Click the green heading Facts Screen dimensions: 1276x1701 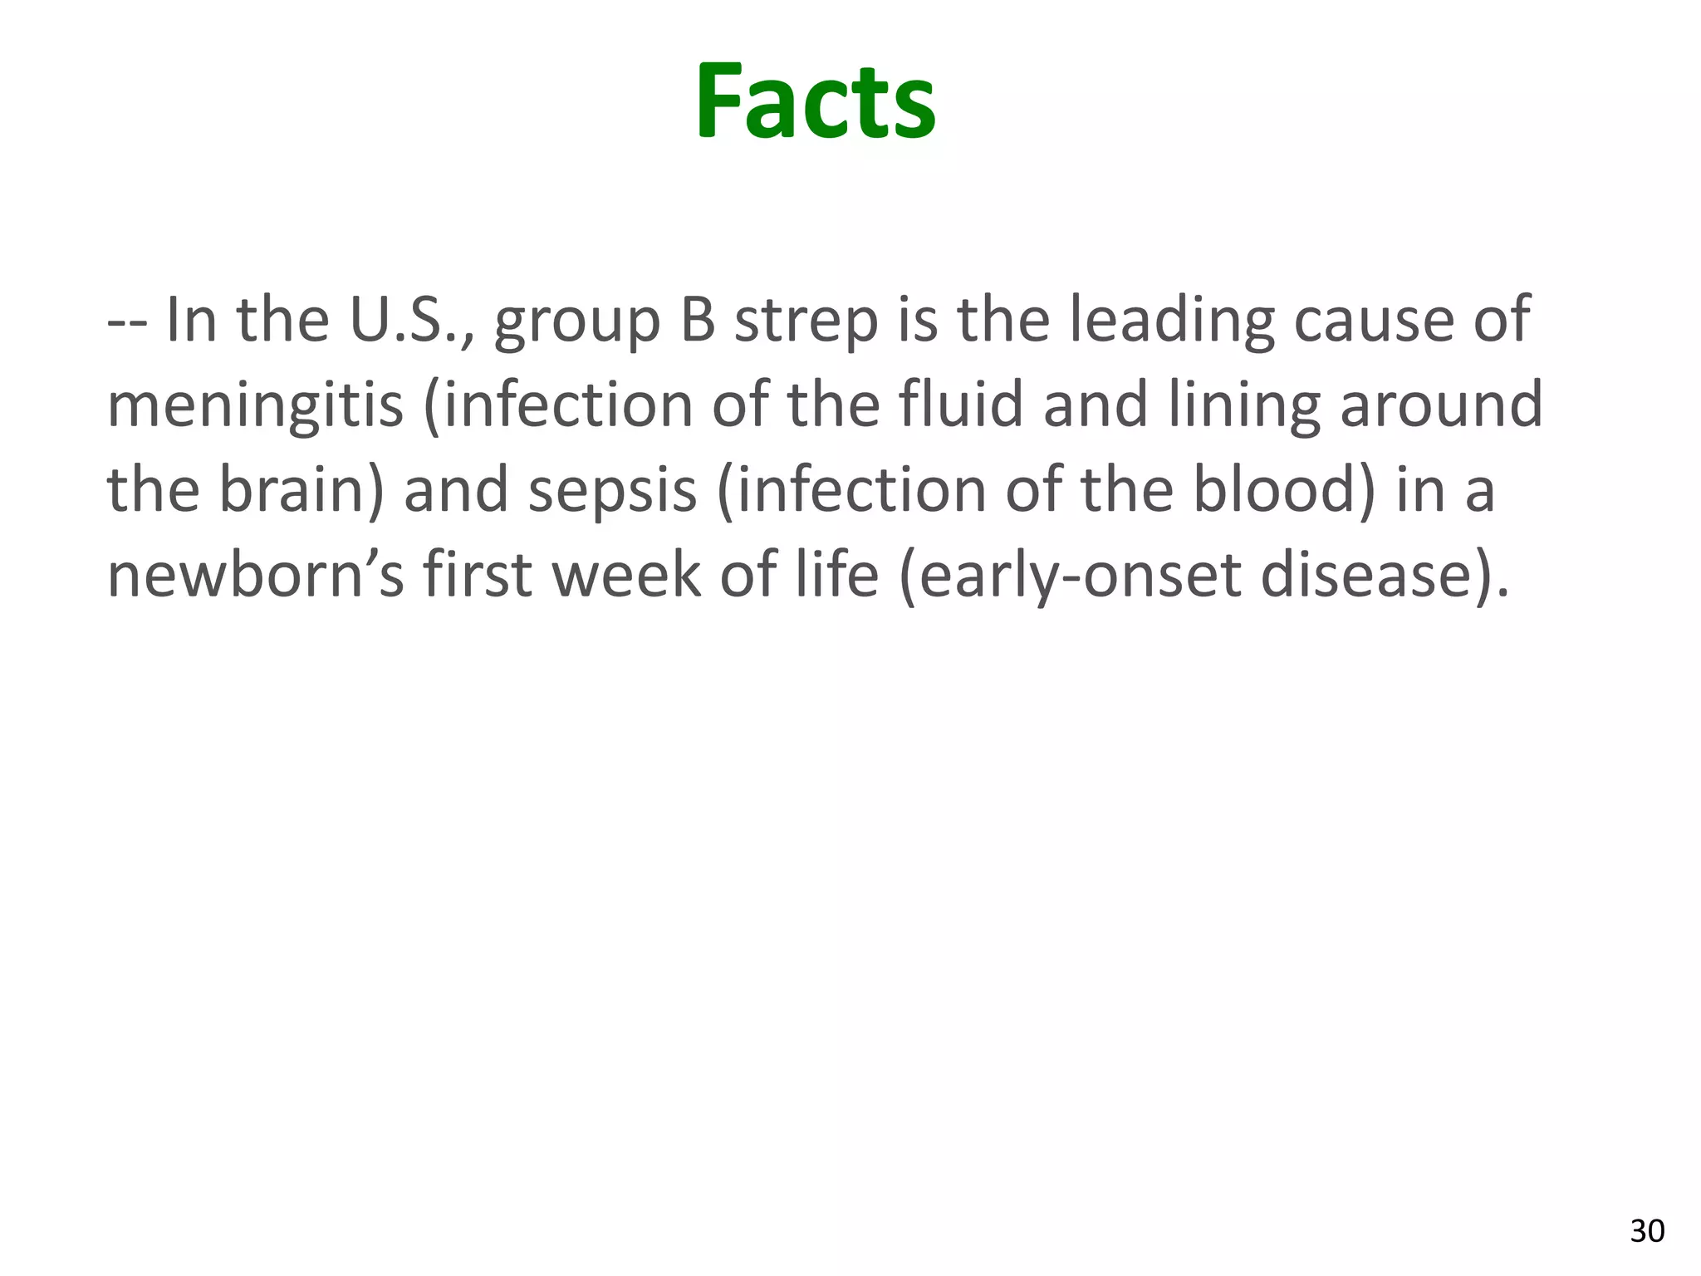tap(816, 102)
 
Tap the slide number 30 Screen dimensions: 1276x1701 tap(1647, 1230)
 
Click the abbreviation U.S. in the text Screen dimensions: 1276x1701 tap(410, 320)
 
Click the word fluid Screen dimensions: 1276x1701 tap(959, 405)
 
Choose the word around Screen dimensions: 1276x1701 tap(1441, 405)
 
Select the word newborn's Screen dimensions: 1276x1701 tap(256, 575)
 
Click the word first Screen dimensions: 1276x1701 tap(477, 575)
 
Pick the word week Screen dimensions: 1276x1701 tap(625, 575)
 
